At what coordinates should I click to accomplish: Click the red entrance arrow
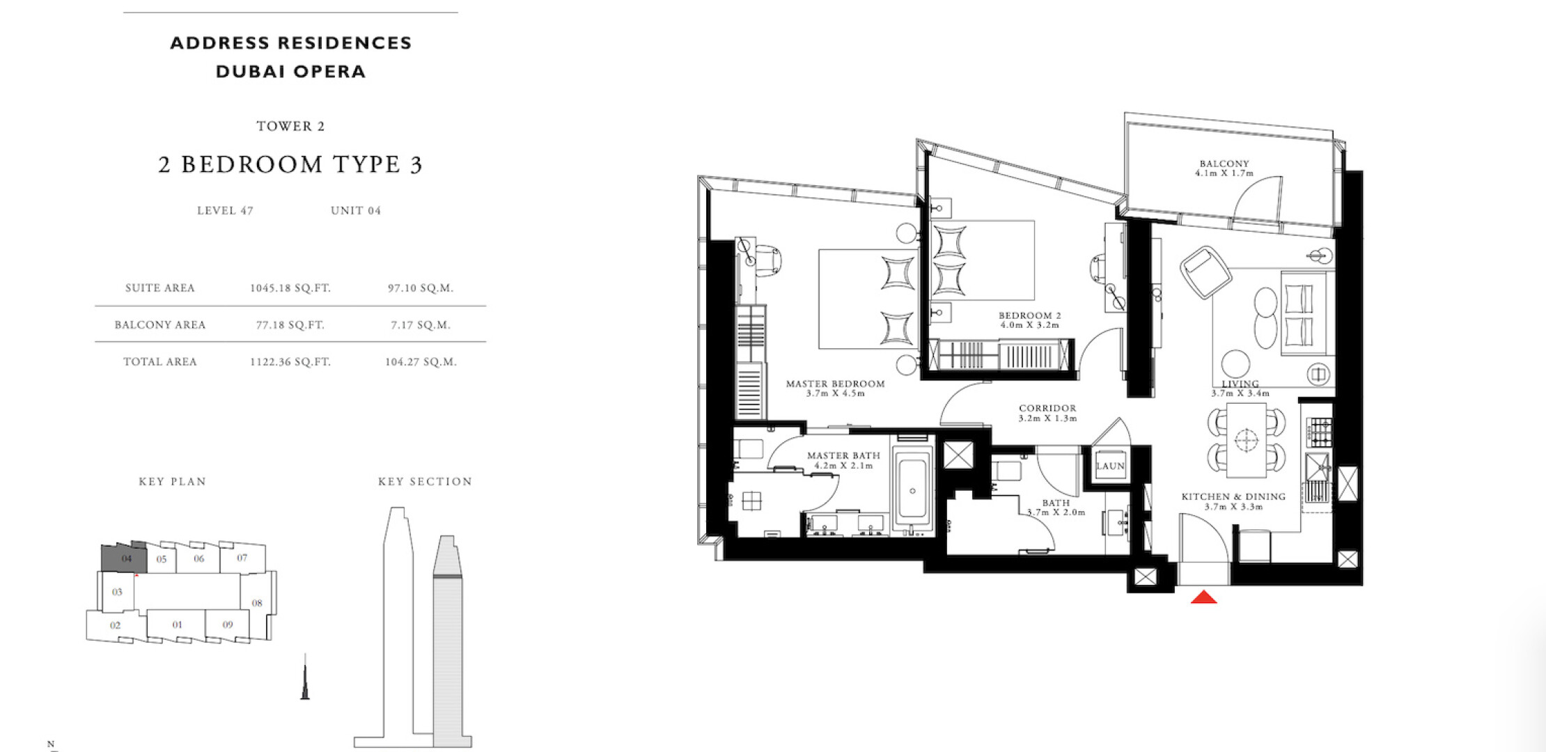[x=1203, y=597]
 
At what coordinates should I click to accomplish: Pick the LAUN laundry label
[x=1110, y=467]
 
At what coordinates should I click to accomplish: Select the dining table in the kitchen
[x=1246, y=440]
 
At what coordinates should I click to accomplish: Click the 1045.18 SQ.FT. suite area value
[x=290, y=288]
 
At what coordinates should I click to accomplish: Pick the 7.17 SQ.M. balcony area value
[x=421, y=325]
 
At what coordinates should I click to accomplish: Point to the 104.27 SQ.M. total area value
[x=421, y=362]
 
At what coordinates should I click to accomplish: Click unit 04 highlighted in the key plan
[x=125, y=558]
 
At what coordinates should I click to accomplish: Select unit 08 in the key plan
[x=257, y=603]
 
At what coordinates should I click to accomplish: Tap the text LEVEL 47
[x=225, y=211]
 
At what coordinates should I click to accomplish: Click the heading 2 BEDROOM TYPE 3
[x=290, y=165]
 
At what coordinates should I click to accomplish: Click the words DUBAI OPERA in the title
[x=291, y=72]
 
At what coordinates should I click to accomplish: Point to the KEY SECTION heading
[x=425, y=482]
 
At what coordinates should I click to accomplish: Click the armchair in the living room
[x=1205, y=272]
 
